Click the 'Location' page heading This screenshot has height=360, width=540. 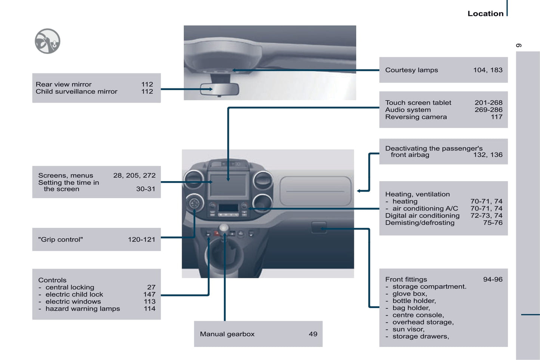485,13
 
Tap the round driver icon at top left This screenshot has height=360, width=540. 47,41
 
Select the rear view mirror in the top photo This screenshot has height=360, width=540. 219,90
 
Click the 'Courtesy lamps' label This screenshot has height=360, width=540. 411,70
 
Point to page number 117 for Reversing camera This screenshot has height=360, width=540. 496,117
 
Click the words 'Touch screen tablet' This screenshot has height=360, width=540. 418,103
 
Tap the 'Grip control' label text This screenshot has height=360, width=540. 61,240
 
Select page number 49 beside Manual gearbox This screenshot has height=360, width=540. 313,334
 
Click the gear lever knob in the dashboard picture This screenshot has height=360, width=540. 224,228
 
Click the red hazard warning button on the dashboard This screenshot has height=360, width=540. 216,233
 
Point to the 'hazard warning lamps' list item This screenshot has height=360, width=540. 83,309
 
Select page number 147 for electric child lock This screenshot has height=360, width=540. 149,295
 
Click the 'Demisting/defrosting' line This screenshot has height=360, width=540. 420,223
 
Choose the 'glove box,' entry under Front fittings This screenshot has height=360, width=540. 410,294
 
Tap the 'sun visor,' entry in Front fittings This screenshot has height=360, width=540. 408,329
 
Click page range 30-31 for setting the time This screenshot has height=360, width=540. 145,189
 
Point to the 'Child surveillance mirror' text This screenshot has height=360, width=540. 76,91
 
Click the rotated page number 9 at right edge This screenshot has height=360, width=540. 519,46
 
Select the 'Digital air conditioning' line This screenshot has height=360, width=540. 422,216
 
